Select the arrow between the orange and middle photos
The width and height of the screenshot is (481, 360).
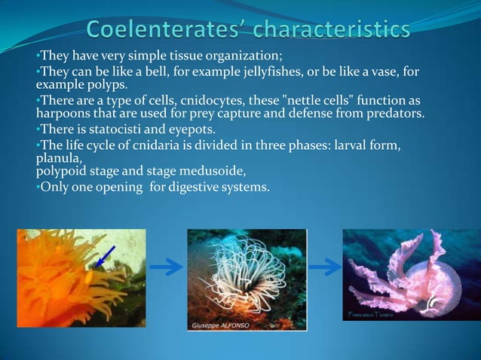(166, 267)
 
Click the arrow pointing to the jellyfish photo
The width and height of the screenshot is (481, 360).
(324, 267)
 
